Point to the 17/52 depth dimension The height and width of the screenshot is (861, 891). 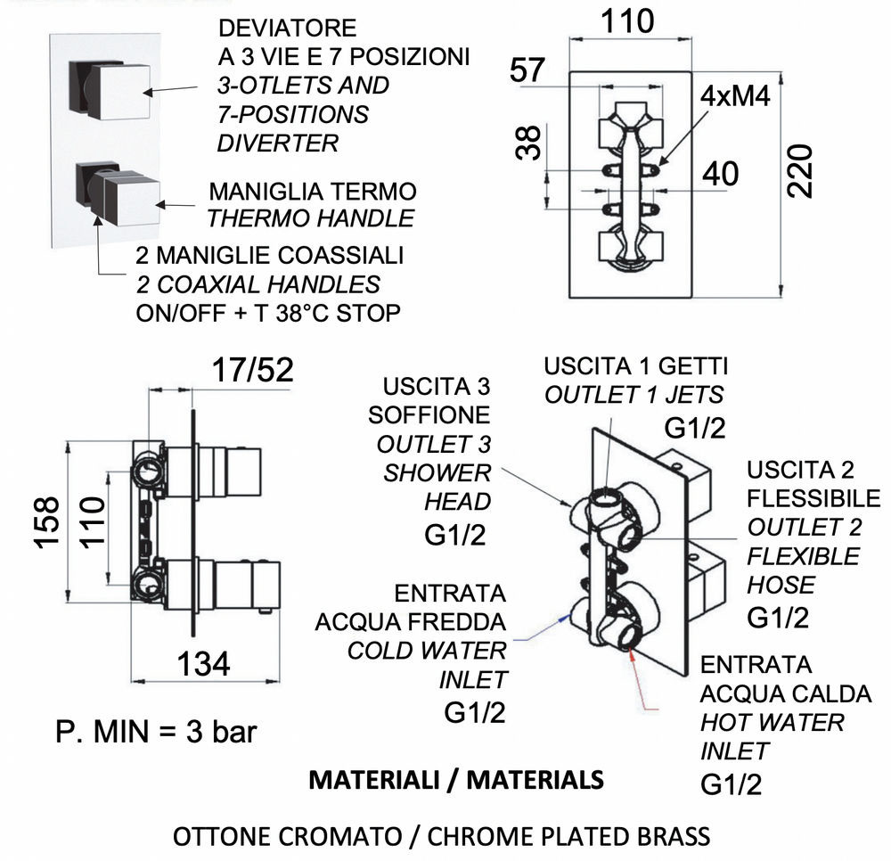[x=253, y=369]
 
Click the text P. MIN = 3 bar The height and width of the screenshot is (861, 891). [x=155, y=732]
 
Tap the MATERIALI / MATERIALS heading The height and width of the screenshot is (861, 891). [x=455, y=780]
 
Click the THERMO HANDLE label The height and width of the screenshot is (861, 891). [x=310, y=217]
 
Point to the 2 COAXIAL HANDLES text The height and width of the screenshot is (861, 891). [x=258, y=284]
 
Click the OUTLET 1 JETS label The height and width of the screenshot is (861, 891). [x=634, y=395]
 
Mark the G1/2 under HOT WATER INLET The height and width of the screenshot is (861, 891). [x=732, y=784]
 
